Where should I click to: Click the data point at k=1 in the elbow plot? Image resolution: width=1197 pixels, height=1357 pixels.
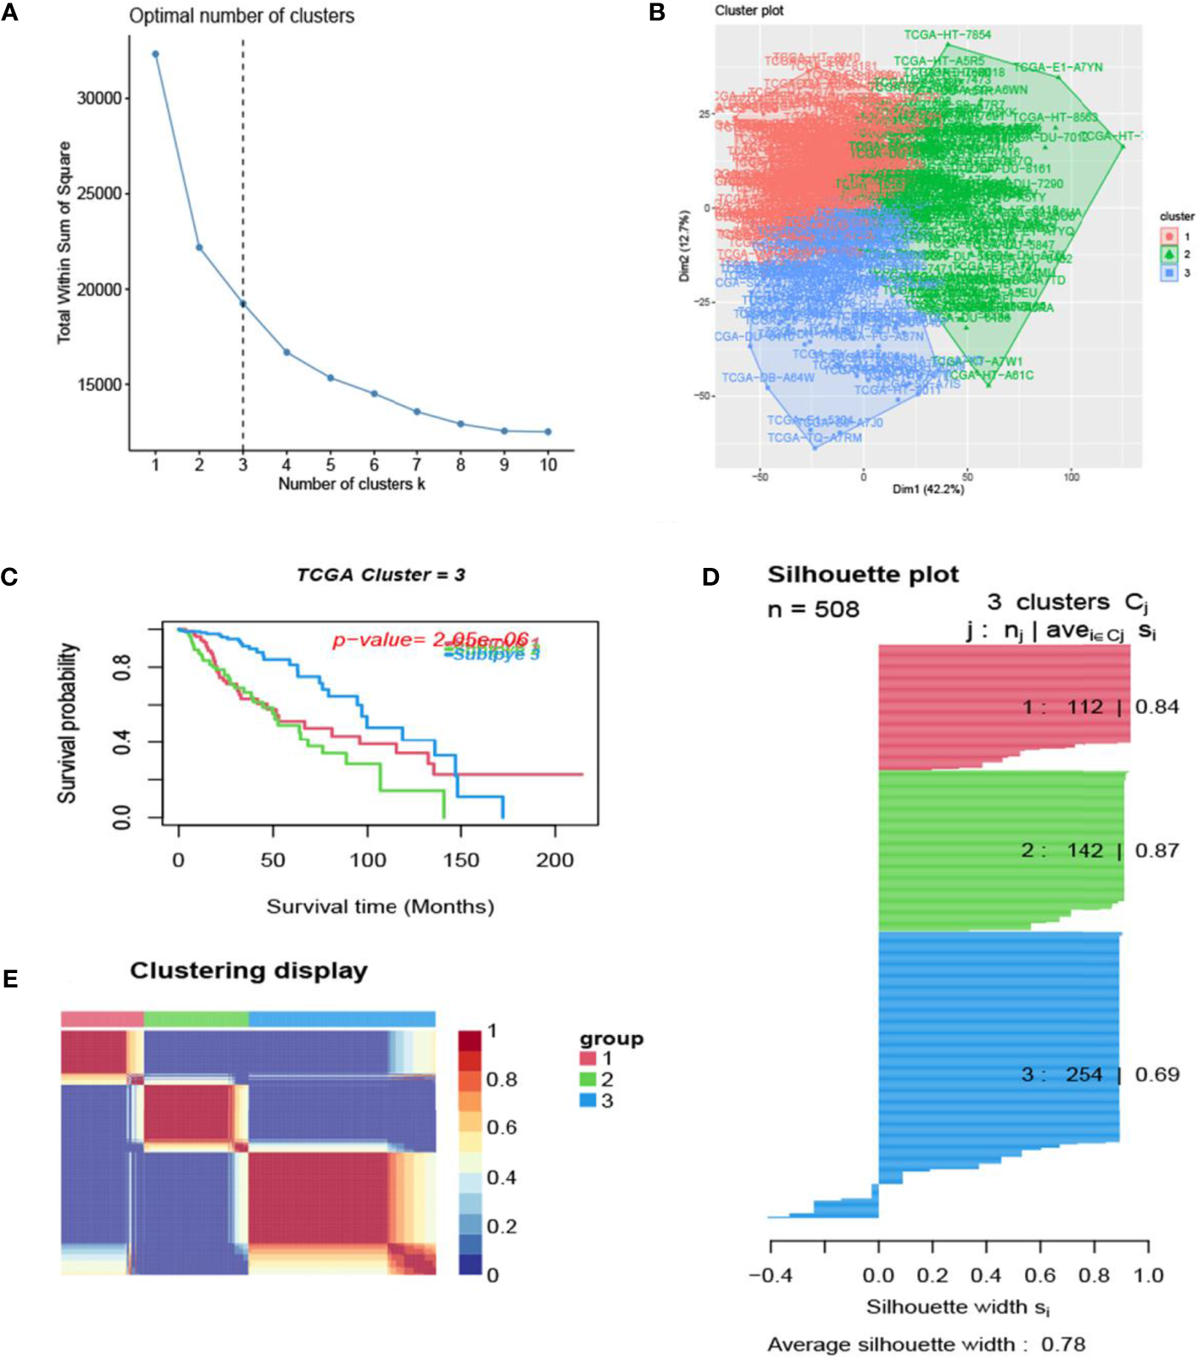tap(155, 54)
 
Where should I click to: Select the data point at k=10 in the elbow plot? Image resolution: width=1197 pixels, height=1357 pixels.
tap(548, 431)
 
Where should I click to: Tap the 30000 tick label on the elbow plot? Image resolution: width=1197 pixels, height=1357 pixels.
tap(99, 98)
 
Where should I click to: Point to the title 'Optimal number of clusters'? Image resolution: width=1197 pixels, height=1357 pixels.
tap(242, 15)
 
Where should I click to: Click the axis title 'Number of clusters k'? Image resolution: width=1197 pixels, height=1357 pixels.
tap(352, 484)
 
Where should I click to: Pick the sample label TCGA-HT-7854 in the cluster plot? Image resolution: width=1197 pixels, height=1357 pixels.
tap(947, 35)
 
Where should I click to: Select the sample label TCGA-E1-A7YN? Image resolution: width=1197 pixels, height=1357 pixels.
tap(1058, 67)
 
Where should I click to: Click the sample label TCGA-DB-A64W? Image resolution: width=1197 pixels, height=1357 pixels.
tap(768, 377)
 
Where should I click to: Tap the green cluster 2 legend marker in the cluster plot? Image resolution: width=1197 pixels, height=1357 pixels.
tap(1169, 254)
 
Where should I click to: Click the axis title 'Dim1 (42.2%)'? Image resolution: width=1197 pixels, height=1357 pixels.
tap(927, 489)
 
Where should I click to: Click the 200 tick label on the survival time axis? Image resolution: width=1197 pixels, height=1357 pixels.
tap(555, 860)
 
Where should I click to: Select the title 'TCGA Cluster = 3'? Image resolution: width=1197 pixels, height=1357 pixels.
tap(381, 575)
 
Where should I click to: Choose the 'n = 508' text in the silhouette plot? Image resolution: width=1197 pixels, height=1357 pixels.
tap(813, 609)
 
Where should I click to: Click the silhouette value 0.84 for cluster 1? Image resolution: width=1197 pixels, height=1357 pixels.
tap(1157, 707)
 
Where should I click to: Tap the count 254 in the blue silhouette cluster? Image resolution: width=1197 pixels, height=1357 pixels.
tap(1084, 1075)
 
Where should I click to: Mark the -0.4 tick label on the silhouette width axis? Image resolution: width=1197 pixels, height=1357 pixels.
tap(771, 1276)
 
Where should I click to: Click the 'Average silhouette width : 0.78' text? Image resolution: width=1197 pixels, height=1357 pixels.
tap(926, 1344)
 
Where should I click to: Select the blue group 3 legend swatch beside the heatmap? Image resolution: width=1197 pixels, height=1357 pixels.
tap(587, 1100)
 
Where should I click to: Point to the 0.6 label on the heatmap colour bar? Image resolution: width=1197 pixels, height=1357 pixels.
tap(502, 1127)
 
